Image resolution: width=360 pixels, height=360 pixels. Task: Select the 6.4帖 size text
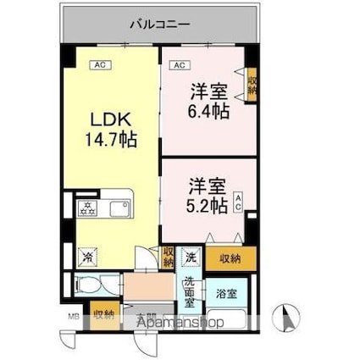[208, 111]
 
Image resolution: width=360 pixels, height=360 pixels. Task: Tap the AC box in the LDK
[98, 64]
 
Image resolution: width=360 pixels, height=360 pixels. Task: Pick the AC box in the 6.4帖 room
[180, 64]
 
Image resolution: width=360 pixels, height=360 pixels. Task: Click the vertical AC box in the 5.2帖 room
[239, 202]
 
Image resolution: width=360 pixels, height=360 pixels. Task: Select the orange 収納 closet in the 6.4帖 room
[252, 85]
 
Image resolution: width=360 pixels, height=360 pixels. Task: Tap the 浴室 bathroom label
[226, 295]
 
